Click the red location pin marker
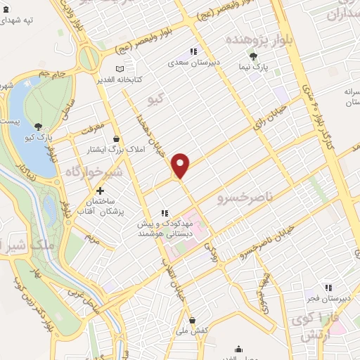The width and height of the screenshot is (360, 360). pos(181,165)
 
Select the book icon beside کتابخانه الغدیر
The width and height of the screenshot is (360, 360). pos(120,69)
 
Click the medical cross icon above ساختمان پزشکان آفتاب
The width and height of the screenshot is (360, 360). pos(101,191)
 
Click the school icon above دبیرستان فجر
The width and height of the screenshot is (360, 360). pos(328,287)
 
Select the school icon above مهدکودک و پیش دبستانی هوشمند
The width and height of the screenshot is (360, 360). pos(165,213)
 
